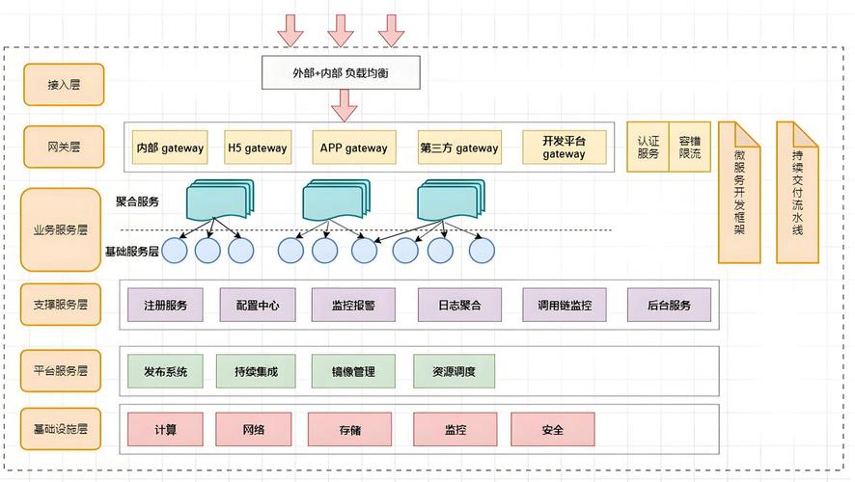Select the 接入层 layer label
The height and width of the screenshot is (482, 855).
click(x=63, y=85)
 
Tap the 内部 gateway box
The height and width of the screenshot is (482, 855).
click(x=170, y=148)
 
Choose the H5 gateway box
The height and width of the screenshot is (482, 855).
click(x=257, y=148)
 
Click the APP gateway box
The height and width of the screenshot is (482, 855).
click(x=353, y=148)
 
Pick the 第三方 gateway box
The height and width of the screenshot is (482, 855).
click(x=459, y=148)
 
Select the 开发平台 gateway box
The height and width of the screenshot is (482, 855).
click(x=564, y=147)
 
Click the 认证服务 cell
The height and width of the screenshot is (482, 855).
click(x=648, y=147)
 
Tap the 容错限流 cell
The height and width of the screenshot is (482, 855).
click(x=689, y=147)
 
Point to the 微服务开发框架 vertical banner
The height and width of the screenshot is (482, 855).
click(x=739, y=193)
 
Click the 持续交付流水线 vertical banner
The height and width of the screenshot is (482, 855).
click(x=797, y=193)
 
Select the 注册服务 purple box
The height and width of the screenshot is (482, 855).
click(x=165, y=306)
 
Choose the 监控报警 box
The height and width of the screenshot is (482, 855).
click(x=352, y=306)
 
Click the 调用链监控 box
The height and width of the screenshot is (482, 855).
click(x=564, y=306)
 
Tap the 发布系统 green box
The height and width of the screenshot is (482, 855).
click(x=165, y=371)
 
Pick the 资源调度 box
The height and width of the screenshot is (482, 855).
click(x=454, y=371)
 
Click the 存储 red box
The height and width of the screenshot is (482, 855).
click(x=349, y=430)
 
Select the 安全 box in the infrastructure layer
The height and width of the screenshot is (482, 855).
click(x=552, y=430)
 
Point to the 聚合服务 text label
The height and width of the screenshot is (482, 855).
click(x=137, y=202)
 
